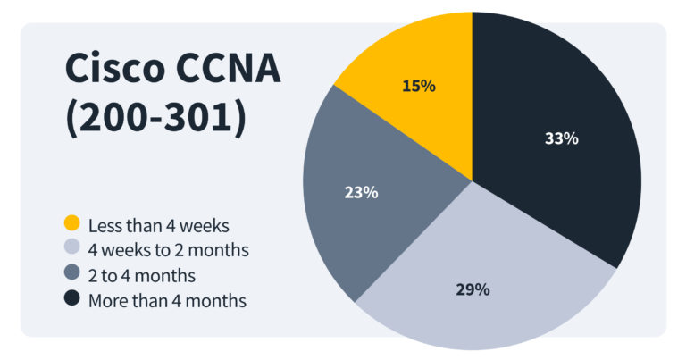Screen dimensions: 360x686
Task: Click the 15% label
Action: (x=418, y=87)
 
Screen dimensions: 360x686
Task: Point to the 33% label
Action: (x=562, y=138)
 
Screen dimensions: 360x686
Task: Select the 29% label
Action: (x=472, y=289)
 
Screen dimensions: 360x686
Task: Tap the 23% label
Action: (x=362, y=192)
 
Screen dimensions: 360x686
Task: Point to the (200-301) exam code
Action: (x=155, y=119)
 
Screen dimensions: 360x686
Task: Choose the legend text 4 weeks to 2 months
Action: (x=168, y=249)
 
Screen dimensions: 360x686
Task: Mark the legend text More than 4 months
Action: (x=167, y=300)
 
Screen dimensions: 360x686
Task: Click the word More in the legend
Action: (x=107, y=300)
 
